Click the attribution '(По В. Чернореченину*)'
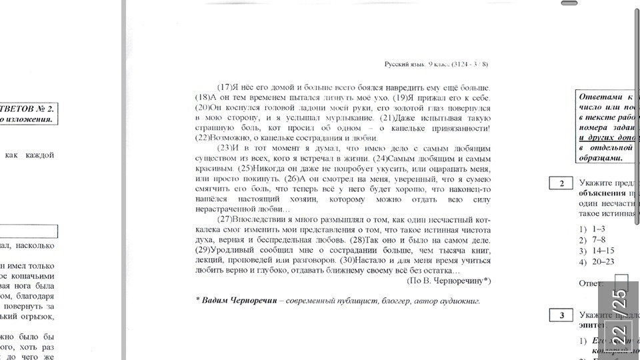[x=443, y=281]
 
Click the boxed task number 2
[x=562, y=183]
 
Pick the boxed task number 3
[x=562, y=315]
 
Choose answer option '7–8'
[x=598, y=239]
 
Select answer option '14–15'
[x=600, y=250]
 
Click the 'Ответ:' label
[x=591, y=283]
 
